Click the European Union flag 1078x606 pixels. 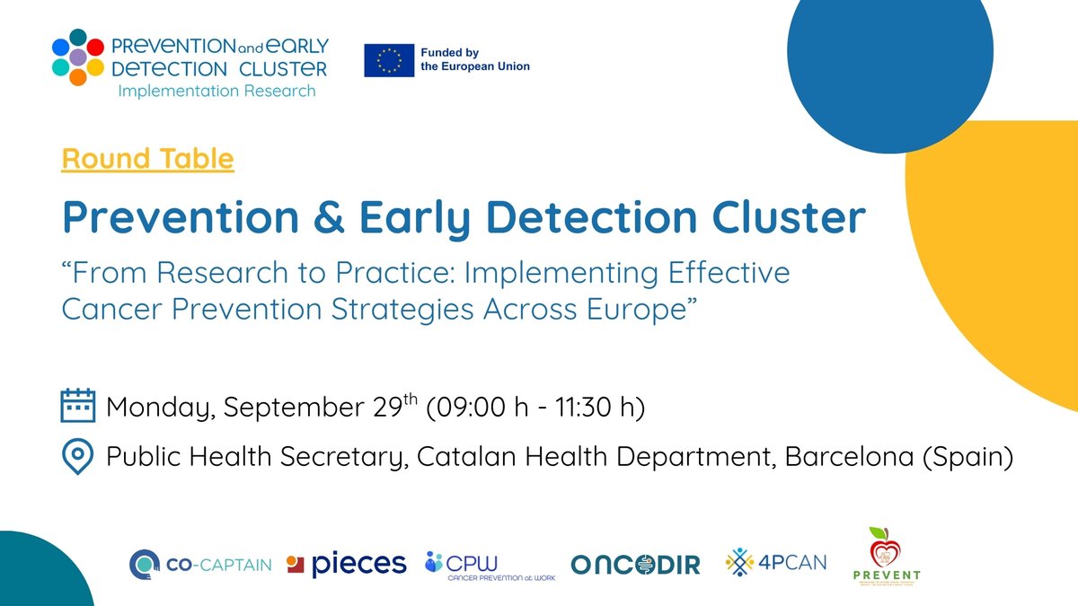(x=389, y=60)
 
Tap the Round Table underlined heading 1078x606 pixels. (x=147, y=159)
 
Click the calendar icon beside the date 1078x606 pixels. (x=78, y=406)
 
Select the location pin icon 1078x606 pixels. (x=78, y=457)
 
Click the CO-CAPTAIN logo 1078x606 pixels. (x=199, y=564)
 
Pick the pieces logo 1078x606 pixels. (x=346, y=564)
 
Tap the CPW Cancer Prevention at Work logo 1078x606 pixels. (x=490, y=566)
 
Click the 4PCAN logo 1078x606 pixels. (x=776, y=563)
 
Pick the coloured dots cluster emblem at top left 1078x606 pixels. (x=78, y=57)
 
